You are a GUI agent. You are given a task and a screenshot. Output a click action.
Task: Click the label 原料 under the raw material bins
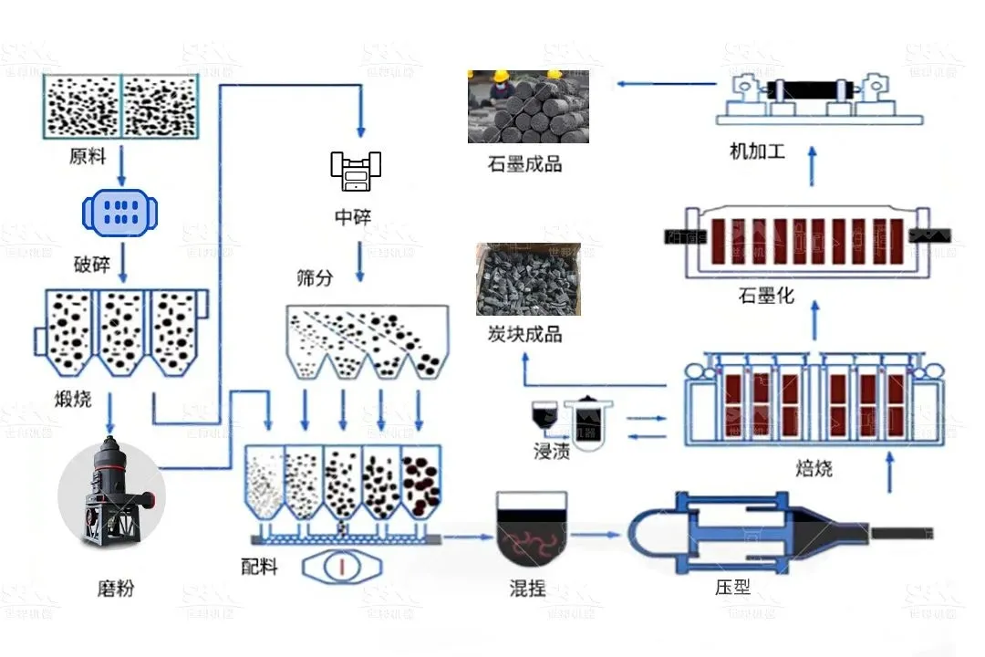tap(88, 157)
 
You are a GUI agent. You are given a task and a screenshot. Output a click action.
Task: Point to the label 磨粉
tap(116, 588)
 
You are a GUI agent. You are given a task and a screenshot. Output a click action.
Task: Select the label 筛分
tap(315, 277)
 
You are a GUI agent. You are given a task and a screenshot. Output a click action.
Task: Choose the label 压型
tap(733, 587)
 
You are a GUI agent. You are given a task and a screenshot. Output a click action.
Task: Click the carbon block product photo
tap(528, 279)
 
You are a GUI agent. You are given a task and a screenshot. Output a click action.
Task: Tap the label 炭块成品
tap(524, 335)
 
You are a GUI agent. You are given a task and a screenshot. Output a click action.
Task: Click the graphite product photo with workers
tap(528, 107)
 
